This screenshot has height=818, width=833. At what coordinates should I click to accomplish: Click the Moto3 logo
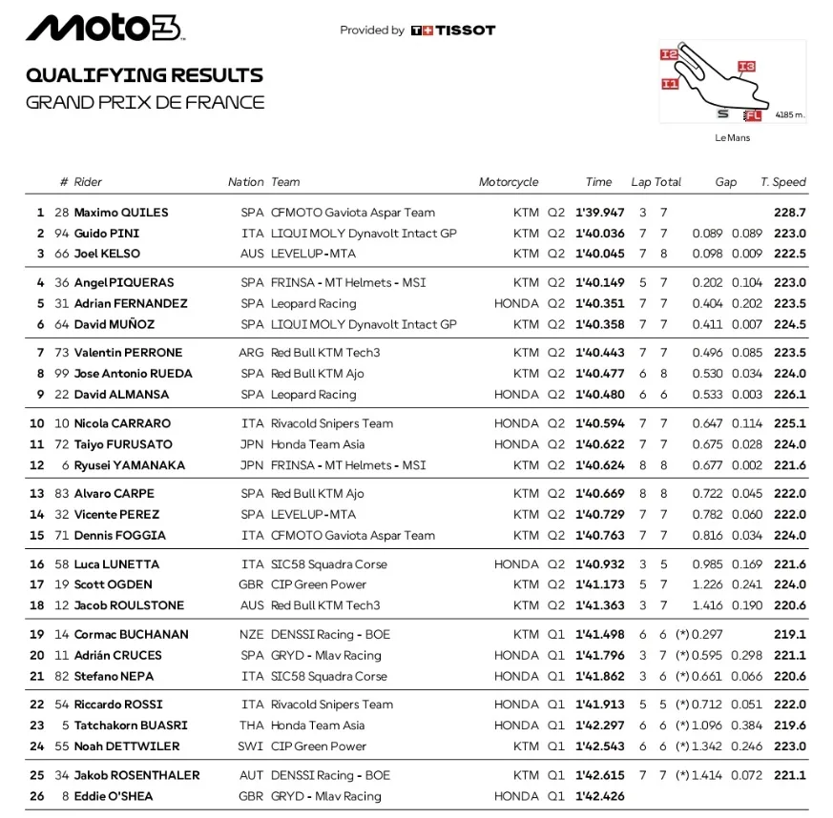point(103,29)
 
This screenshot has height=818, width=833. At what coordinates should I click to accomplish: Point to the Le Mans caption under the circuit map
point(732,138)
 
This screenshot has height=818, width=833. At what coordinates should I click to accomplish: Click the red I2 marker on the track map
point(669,55)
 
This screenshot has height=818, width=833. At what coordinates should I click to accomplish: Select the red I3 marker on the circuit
point(746,66)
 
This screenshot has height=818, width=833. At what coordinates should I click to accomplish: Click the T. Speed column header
point(782,182)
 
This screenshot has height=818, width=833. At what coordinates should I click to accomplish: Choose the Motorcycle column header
point(509,182)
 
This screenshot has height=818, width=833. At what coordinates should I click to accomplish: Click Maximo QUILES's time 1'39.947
point(599,213)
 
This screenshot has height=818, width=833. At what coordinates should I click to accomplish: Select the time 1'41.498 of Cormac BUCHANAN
point(599,634)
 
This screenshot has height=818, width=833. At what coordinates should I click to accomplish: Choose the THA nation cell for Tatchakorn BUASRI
point(252,726)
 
